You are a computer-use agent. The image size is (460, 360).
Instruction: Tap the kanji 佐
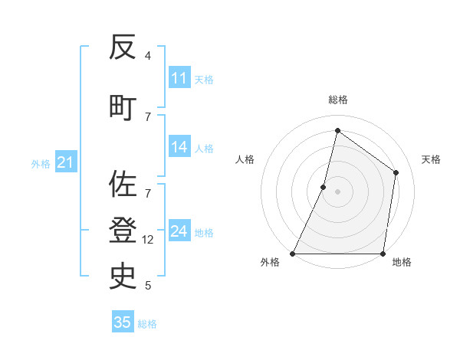click(x=123, y=184)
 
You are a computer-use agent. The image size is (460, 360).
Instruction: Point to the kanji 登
click(x=123, y=229)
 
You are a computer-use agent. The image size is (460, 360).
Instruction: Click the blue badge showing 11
click(x=179, y=78)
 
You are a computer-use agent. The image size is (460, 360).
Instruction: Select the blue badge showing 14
click(x=179, y=148)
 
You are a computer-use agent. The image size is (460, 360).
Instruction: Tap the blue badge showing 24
click(x=179, y=232)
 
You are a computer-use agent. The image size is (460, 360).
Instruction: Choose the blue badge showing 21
click(x=65, y=163)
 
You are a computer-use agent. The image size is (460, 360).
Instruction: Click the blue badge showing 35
click(x=123, y=322)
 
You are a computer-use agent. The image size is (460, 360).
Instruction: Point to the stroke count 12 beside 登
click(x=148, y=239)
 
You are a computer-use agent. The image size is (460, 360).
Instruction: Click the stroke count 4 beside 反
click(x=148, y=56)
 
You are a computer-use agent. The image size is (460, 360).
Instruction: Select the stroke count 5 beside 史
click(x=148, y=286)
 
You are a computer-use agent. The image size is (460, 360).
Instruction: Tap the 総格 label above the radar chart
click(x=337, y=100)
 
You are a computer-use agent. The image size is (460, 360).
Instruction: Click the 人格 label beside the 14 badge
click(x=204, y=149)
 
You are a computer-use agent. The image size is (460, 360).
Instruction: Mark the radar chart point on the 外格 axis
click(x=293, y=254)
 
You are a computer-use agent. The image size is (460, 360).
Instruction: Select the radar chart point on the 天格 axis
click(x=396, y=172)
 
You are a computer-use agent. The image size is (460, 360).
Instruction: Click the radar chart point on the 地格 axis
click(x=383, y=254)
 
